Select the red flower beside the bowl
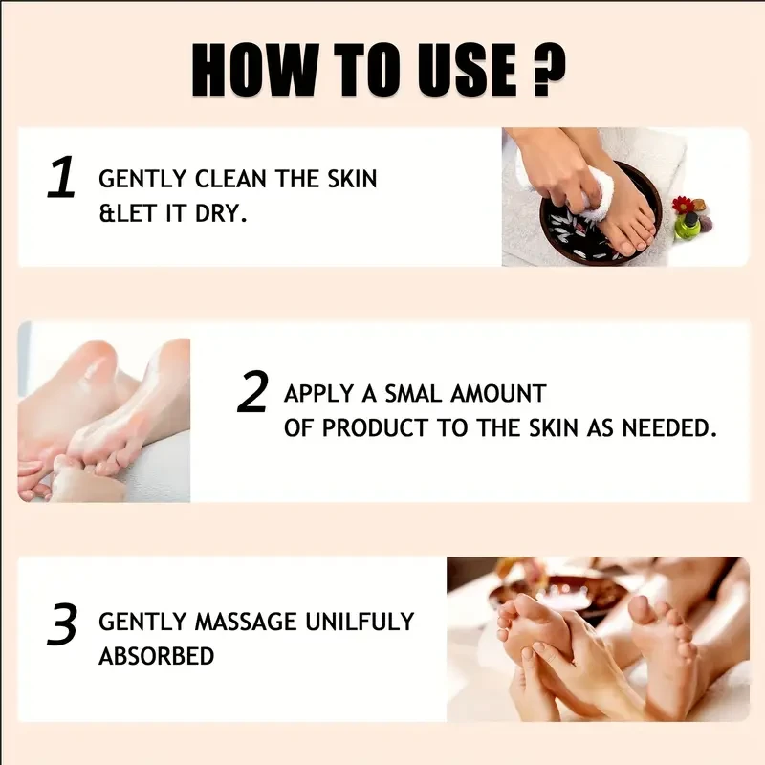[683, 204]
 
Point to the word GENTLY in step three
[139, 623]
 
